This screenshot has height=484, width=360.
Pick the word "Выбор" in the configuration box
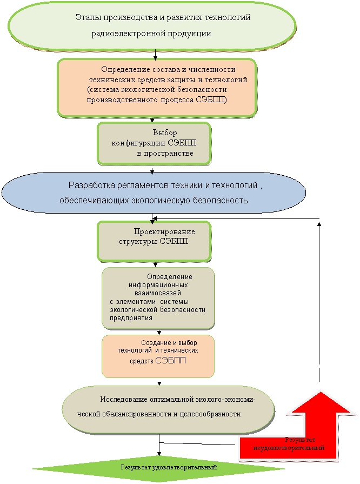point(164,132)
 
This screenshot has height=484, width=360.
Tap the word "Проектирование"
point(164,231)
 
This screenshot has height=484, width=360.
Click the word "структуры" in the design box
point(138,241)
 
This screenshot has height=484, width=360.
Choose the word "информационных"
point(158,284)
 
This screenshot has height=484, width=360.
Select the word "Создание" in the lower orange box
point(155,343)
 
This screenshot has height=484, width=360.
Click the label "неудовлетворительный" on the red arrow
point(289,448)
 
